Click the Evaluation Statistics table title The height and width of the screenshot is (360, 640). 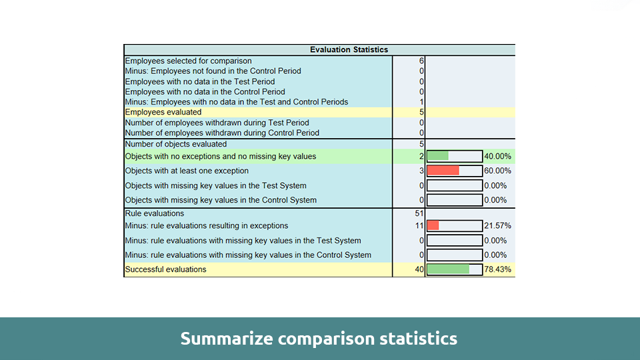349,49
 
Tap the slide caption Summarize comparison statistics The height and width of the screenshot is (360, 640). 319,339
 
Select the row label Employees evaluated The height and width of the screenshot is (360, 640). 163,112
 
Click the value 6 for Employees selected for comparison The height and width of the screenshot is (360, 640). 422,61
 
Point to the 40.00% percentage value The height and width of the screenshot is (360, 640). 498,156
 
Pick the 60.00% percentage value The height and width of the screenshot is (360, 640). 498,171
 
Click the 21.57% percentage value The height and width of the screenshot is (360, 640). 498,226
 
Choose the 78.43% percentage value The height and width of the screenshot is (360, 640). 498,269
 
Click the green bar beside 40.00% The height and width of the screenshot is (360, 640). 438,156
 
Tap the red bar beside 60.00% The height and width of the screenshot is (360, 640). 443,171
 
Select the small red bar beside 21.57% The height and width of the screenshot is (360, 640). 433,226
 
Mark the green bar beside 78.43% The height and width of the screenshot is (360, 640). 448,269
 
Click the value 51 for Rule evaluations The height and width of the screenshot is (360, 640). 419,213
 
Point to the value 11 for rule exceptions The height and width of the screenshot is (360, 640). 419,226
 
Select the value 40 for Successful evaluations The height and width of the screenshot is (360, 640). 419,269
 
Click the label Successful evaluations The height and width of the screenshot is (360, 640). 165,269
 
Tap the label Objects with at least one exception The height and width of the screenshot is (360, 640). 187,171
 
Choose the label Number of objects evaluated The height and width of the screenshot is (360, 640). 176,144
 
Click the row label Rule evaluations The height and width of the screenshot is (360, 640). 155,213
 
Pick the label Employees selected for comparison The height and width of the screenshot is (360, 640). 189,61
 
